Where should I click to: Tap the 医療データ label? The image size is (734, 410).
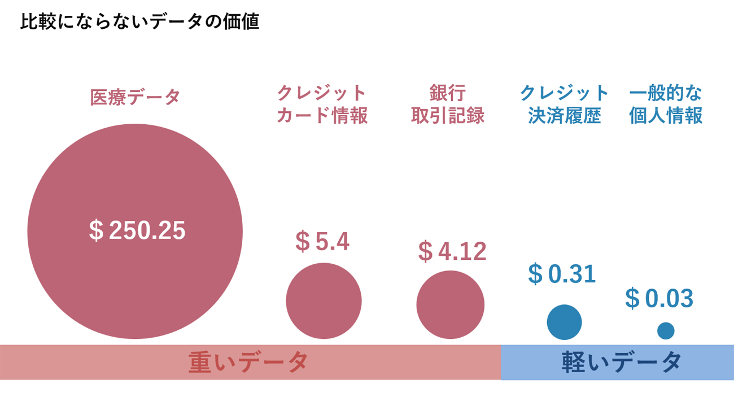pyautogui.click(x=135, y=97)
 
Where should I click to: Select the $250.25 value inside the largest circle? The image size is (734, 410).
pyautogui.click(x=137, y=230)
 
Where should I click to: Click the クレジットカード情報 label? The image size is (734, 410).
pyautogui.click(x=322, y=104)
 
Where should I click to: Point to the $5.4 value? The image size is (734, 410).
pyautogui.click(x=322, y=242)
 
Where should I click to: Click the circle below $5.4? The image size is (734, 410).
pyautogui.click(x=324, y=301)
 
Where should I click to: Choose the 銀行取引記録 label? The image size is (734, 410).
pyautogui.click(x=448, y=104)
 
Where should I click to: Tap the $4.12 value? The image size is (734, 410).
pyautogui.click(x=452, y=251)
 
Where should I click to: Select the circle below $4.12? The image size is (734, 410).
pyautogui.click(x=450, y=304)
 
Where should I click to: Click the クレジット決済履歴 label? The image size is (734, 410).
pyautogui.click(x=564, y=104)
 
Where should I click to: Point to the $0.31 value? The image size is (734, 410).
pyautogui.click(x=562, y=274)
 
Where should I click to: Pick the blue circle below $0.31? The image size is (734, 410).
pyautogui.click(x=564, y=322)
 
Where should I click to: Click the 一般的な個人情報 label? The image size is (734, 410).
pyautogui.click(x=666, y=104)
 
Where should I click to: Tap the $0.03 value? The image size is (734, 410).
pyautogui.click(x=659, y=299)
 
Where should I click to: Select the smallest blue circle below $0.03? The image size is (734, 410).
pyautogui.click(x=666, y=331)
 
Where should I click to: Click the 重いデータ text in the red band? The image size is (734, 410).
pyautogui.click(x=248, y=362)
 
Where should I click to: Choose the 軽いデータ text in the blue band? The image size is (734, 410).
pyautogui.click(x=622, y=362)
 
